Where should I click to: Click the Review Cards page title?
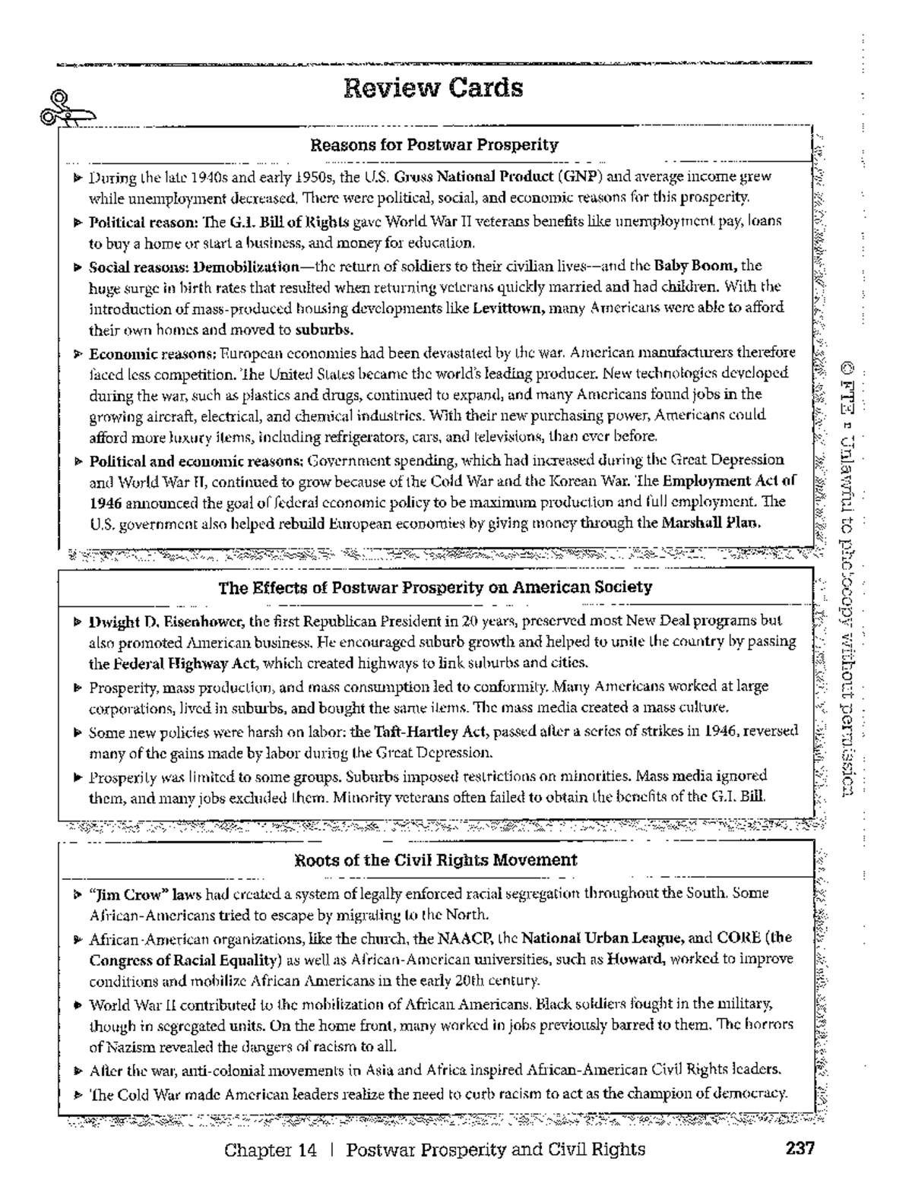433,88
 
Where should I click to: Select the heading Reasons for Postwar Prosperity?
435,144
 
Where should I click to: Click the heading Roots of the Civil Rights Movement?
435,860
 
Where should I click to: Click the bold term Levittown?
508,308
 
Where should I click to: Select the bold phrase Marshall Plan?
711,523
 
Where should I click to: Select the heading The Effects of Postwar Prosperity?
435,587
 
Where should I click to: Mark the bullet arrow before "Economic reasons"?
78,354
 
